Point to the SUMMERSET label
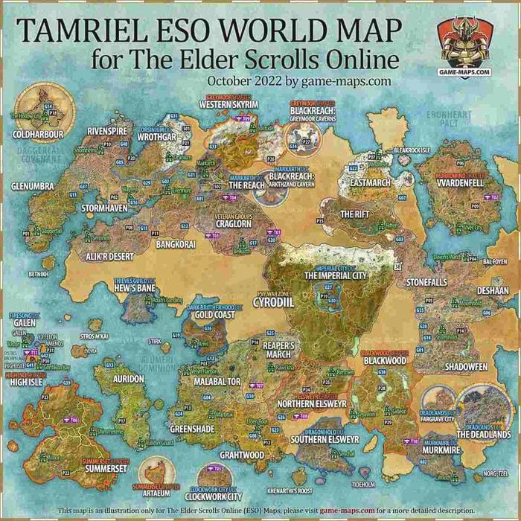click(106, 470)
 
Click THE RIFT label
click(354, 214)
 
